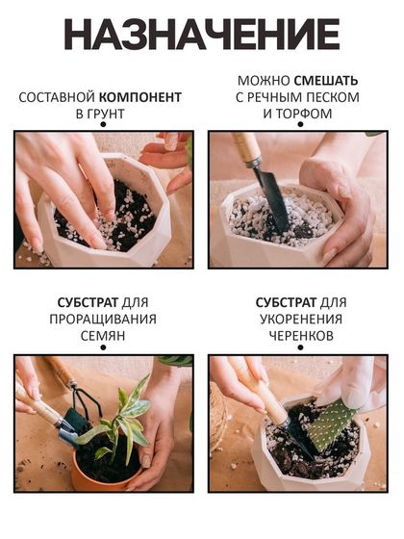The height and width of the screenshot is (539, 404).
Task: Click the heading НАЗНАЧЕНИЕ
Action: click(x=202, y=35)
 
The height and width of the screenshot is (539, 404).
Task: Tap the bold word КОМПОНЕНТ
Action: click(x=140, y=97)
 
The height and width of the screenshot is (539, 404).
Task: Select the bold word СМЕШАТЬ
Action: click(x=326, y=81)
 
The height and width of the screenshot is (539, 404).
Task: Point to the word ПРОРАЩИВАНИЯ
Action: click(x=103, y=320)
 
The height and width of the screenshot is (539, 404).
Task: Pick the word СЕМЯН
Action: click(x=103, y=336)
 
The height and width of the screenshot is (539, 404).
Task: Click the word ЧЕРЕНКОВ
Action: click(x=301, y=336)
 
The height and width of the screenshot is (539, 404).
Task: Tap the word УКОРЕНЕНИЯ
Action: click(x=301, y=320)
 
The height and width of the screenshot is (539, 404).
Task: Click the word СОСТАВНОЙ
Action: click(x=57, y=97)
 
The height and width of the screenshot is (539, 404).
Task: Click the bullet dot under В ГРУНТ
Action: click(x=103, y=124)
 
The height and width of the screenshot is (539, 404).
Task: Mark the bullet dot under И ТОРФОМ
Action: click(x=300, y=124)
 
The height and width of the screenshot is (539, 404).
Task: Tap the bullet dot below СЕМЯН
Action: click(x=103, y=347)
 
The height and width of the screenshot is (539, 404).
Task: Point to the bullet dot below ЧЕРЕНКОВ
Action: click(x=300, y=347)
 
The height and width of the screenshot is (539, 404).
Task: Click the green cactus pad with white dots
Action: click(x=329, y=424)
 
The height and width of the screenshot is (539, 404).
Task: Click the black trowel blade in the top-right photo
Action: click(x=271, y=199)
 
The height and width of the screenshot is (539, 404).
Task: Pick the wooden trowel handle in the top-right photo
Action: click(x=246, y=148)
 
